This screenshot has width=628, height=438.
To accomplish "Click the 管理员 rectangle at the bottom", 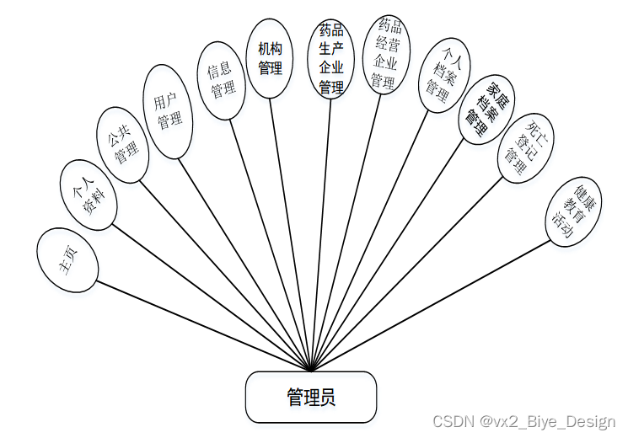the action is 310,397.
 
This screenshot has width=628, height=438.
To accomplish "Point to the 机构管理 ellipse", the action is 270,58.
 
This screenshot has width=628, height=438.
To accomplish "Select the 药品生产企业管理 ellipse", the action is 331,58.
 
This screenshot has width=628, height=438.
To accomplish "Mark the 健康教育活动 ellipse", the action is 571,211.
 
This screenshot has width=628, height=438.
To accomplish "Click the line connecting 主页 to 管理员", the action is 202,323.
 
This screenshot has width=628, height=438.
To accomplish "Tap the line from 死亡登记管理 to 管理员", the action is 405,279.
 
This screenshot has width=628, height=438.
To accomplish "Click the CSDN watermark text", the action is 524,421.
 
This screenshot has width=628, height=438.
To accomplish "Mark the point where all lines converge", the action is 311,370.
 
